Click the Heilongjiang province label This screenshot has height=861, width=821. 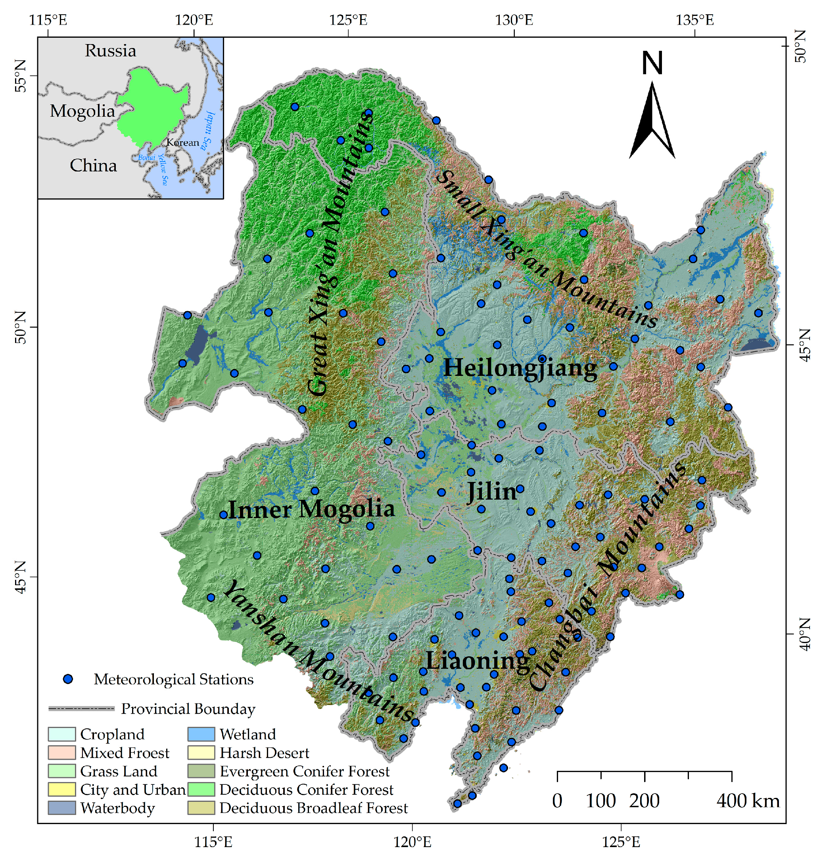click(x=520, y=368)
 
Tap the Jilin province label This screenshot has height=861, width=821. click(x=492, y=491)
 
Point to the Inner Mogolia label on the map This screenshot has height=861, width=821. click(x=311, y=509)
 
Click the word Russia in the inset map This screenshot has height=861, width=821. click(x=110, y=51)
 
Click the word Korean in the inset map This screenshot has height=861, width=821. click(x=182, y=143)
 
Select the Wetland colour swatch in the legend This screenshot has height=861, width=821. click(x=201, y=734)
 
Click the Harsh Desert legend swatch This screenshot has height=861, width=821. click(x=201, y=753)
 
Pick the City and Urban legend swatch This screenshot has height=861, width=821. click(x=62, y=790)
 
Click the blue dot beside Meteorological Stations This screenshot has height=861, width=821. click(x=68, y=679)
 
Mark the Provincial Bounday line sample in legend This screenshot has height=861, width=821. click(x=81, y=709)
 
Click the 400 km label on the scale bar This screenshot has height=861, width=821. click(x=748, y=801)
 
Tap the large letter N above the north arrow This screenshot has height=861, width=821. click(x=652, y=63)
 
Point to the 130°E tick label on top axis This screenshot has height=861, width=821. click(x=515, y=20)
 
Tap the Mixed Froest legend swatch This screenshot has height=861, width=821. click(x=62, y=753)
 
